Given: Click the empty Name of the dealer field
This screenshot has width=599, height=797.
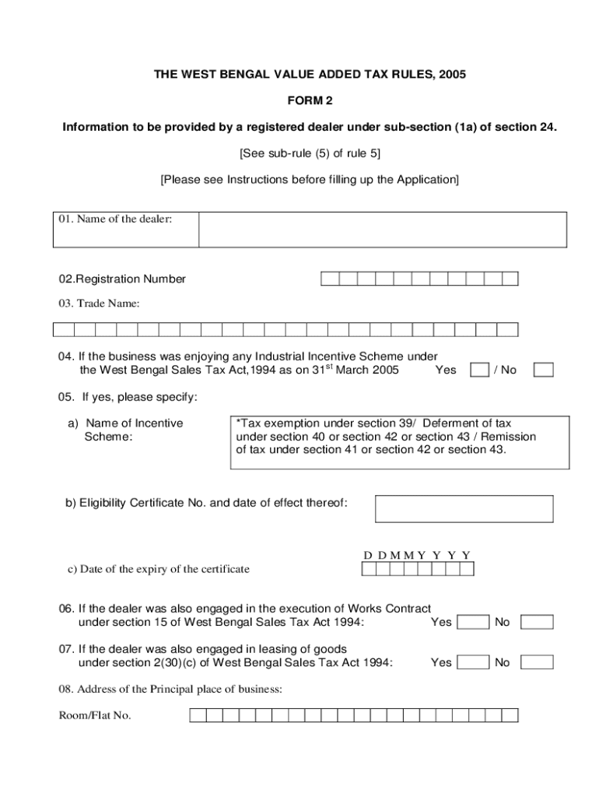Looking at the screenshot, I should point(382,230).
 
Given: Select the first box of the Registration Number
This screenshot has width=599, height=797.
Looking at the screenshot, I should point(329,279).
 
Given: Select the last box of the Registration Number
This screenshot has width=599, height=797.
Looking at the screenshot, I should point(510,279).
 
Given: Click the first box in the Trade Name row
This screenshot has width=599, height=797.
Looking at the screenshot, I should point(63,329).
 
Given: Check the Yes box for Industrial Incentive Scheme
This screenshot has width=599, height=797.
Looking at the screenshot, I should point(480,370).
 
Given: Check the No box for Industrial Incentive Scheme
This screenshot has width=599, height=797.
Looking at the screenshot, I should point(544,370).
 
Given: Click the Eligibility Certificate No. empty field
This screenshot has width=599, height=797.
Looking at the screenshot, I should point(464,508).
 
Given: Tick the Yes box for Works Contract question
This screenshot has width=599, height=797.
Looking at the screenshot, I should point(473,622).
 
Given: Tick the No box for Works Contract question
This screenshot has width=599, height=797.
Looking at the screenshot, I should point(537,622).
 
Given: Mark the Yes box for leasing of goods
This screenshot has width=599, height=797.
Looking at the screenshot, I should point(473,662).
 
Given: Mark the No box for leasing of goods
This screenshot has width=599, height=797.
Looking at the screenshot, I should point(537,662).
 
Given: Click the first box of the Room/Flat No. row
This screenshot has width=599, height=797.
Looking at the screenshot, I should point(198,715).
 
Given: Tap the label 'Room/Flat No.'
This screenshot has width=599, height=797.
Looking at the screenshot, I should point(94,715).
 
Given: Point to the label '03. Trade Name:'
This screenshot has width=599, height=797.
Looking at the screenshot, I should point(99,304).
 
